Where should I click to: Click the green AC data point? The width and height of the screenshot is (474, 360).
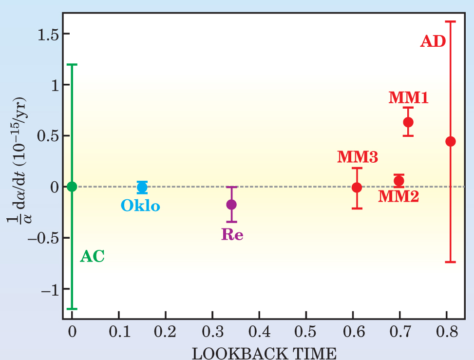[x=72, y=186]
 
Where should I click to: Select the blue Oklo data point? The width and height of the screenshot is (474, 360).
[x=142, y=187]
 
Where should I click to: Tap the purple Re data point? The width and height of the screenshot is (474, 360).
[x=231, y=204]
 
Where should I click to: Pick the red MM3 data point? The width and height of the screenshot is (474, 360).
[x=357, y=187]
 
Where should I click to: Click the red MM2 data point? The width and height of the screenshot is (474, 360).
[x=399, y=181]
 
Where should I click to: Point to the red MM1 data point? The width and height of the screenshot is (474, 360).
[x=408, y=122]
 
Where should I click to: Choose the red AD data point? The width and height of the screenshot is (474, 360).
[x=451, y=141]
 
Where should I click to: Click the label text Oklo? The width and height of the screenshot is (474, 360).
[x=140, y=206]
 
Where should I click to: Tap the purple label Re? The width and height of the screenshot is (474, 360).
[x=232, y=235]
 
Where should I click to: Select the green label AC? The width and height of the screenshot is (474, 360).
[x=92, y=256]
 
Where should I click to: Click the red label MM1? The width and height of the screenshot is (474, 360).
[x=408, y=97]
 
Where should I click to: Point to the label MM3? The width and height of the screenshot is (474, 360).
[x=357, y=157]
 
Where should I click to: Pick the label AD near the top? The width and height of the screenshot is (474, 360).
[x=433, y=41]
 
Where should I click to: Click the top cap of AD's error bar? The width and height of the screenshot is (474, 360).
[x=451, y=21]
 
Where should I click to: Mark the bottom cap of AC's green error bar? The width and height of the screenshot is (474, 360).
[x=72, y=309]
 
